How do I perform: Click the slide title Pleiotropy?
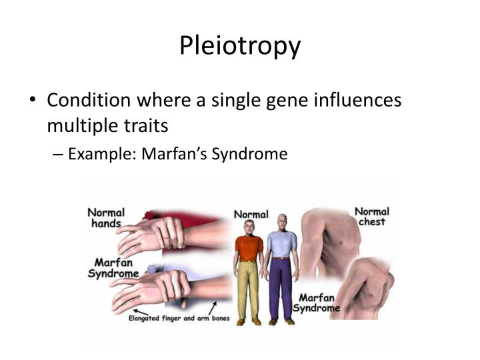coord(240,45)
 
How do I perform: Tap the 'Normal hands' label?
coord(106,217)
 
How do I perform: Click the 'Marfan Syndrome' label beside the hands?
coord(113,268)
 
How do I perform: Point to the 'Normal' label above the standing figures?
coord(251,215)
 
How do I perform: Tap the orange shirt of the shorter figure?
coord(249,247)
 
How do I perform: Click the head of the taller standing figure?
coord(283,221)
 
